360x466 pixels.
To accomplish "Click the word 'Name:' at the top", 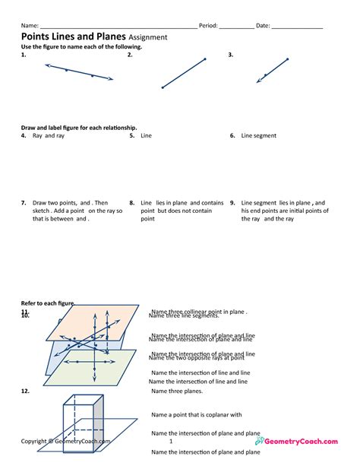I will [x=30, y=25].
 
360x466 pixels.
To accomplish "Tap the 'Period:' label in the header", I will [x=208, y=25].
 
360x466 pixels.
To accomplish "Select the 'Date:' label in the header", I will [x=263, y=25].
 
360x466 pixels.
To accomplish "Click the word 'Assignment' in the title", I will [x=148, y=37].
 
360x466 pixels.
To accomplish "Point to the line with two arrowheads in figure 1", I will [x=79, y=73].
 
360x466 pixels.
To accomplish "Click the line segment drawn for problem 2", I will [x=184, y=74].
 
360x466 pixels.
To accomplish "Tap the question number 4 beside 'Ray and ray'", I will [x=24, y=136].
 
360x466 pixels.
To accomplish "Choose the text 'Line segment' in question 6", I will [x=259, y=136].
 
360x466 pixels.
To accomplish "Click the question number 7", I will [x=24, y=203].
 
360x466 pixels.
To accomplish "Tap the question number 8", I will [x=131, y=203].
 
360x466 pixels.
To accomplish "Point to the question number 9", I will [x=232, y=203].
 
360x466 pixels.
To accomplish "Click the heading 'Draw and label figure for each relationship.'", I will [x=79, y=127].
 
